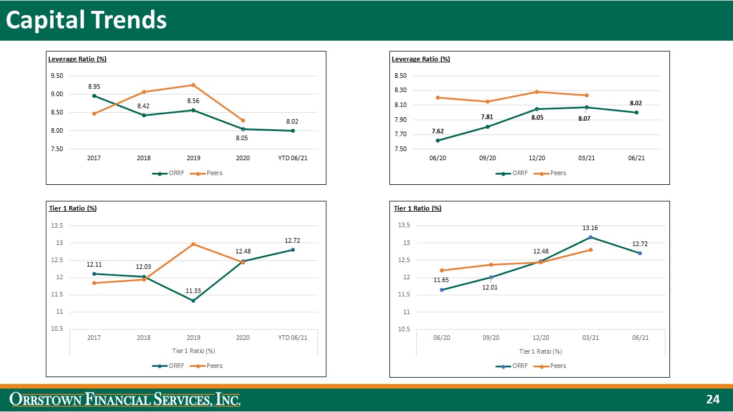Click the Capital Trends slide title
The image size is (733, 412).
86,20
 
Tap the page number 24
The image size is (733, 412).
712,399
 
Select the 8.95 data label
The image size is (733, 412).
94,86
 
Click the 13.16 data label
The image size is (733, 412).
590,228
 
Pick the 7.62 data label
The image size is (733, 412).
438,131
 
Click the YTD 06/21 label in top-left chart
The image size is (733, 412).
292,158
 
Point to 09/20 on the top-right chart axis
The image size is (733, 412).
487,158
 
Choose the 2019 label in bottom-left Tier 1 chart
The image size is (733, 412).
193,338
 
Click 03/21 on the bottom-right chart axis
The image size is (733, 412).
590,338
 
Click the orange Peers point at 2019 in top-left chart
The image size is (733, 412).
193,85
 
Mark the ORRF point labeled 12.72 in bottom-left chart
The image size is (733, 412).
292,249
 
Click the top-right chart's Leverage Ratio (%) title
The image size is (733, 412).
420,59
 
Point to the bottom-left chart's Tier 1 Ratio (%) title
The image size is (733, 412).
73,208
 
